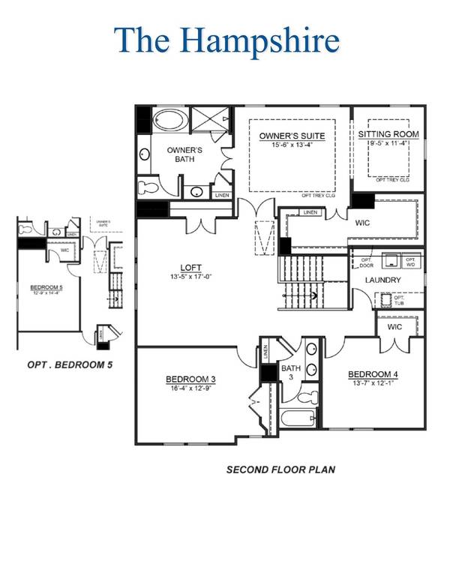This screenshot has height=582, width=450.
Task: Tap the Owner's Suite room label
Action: [x=292, y=136]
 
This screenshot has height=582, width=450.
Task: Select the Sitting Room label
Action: [x=388, y=134]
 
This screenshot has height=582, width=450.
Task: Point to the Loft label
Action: [x=191, y=266]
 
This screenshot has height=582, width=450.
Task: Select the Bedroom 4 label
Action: [x=371, y=374]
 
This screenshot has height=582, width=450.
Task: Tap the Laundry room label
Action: [x=383, y=280]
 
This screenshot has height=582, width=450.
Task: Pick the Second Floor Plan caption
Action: [x=280, y=470]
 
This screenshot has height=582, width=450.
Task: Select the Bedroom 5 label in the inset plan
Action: [x=46, y=287]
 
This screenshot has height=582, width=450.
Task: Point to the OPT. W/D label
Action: [x=410, y=262]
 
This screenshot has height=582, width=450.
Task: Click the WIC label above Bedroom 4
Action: [x=396, y=328]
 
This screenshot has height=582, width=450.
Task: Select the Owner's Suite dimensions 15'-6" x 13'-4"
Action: [x=292, y=145]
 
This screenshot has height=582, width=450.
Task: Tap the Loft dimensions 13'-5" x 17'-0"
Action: [x=191, y=275]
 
